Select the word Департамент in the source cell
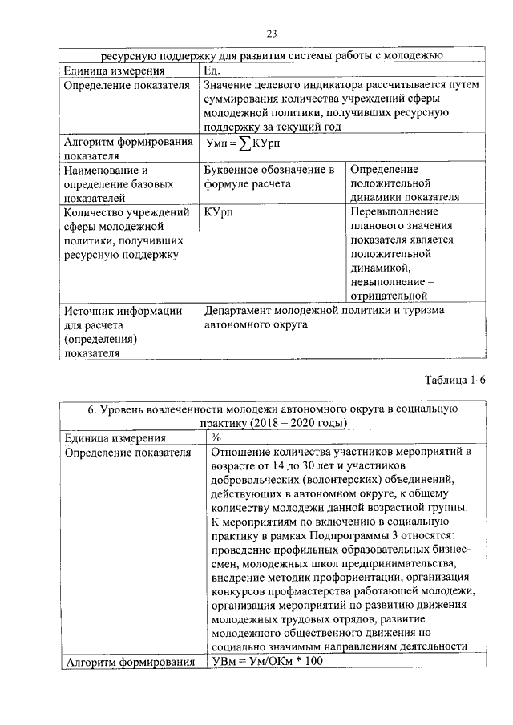coord(243,310)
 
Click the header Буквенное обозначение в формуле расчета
coord(269,178)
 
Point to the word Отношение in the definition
coord(242,453)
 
